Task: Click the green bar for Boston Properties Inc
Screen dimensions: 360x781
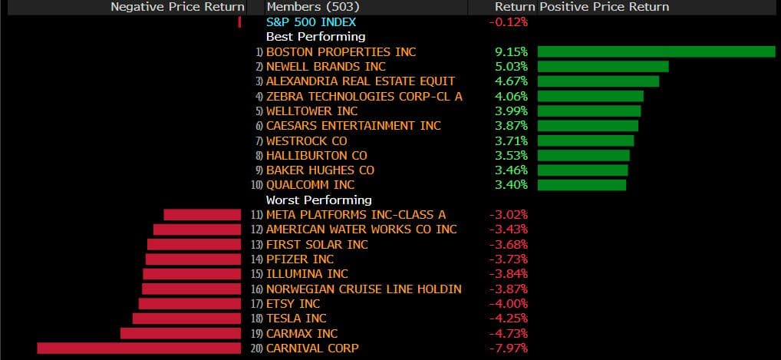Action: tap(656, 51)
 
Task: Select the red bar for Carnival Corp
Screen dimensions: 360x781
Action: tap(139, 348)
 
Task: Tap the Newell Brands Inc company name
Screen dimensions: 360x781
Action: tap(325, 67)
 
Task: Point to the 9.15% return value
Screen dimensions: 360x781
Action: tap(511, 51)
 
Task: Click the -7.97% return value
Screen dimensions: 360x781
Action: tap(508, 348)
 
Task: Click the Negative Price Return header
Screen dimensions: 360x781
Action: tap(177, 7)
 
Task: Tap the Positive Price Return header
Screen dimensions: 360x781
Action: tap(604, 7)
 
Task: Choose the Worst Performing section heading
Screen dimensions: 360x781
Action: tap(318, 200)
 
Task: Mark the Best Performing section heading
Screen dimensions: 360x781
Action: tap(315, 36)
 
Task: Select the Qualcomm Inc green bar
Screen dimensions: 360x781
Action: tap(582, 185)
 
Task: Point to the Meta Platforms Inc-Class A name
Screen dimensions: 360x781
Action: tap(356, 215)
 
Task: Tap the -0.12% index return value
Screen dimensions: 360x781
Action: tap(508, 21)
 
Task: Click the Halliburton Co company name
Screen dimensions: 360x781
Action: tap(316, 156)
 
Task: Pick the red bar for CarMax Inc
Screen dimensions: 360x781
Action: tap(180, 333)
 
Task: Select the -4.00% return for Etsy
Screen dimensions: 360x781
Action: tap(508, 304)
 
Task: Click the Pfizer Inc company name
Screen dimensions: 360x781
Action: tap(300, 259)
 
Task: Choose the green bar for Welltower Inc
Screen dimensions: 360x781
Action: tap(589, 111)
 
